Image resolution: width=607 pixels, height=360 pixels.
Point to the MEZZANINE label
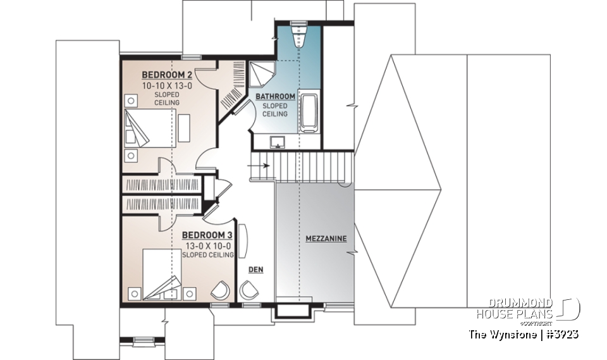click(x=326, y=239)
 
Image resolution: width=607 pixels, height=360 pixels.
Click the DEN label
click(x=256, y=270)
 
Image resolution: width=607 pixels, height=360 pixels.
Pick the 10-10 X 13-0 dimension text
click(x=166, y=84)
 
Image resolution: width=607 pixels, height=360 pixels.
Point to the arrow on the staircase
click(x=261, y=166)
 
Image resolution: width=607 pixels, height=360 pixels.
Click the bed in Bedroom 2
click(x=149, y=128)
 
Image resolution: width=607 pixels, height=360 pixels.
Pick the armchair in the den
click(x=249, y=290)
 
